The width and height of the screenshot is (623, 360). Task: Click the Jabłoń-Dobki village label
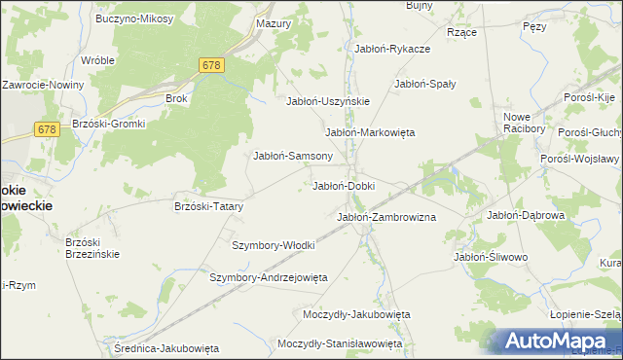343,185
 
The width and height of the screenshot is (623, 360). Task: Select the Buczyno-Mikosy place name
134,18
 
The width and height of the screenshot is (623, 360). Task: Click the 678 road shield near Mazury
212,65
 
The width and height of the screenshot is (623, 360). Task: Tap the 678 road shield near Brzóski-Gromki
47,128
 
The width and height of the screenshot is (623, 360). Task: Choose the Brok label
176,98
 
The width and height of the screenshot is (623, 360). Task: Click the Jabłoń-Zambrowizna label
385,217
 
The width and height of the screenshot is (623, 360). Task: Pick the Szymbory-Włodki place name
273,245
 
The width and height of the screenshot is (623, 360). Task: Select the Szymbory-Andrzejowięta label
269,277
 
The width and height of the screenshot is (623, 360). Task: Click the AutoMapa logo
557,341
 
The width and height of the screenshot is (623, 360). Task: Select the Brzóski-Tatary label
208,206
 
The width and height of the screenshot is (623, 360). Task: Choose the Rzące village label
460,31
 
